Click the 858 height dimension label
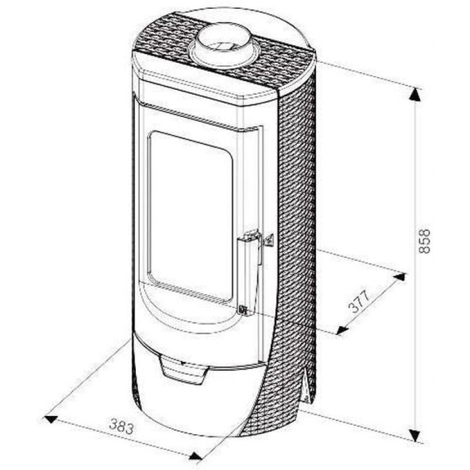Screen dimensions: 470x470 click(x=424, y=241)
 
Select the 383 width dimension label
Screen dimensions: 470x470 click(x=122, y=427)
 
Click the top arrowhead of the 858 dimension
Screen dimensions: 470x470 click(x=415, y=94)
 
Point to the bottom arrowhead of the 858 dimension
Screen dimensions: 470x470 click(x=415, y=435)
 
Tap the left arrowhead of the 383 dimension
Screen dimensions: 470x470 click(x=51, y=419)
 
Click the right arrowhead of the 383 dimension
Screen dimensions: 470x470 click(x=196, y=456)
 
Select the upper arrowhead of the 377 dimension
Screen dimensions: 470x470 click(x=399, y=277)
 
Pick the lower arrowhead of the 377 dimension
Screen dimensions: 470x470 click(x=342, y=330)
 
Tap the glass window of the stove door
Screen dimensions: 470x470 click(x=190, y=215)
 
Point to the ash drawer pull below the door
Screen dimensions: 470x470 click(x=183, y=370)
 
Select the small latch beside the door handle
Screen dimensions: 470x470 click(x=268, y=240)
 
